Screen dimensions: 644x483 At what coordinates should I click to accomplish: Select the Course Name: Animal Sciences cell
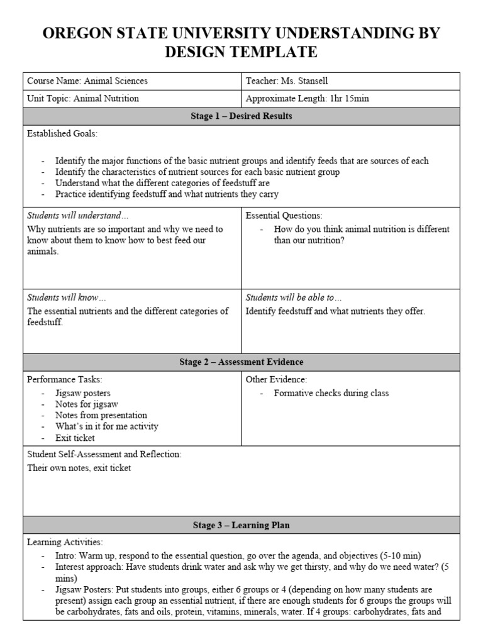pos(87,81)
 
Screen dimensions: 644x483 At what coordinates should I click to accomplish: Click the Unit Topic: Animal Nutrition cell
pos(83,99)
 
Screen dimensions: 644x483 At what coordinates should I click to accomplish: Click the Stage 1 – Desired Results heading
pos(241,116)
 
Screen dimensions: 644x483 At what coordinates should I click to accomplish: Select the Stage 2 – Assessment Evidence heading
pos(241,362)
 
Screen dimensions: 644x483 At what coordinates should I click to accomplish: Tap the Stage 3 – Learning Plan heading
pos(241,525)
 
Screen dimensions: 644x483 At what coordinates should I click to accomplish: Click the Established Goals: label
pos(62,134)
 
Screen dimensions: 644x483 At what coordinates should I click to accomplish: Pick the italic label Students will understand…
pos(77,215)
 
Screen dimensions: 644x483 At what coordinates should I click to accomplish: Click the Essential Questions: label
pos(284,215)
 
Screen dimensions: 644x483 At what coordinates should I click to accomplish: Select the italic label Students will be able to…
pos(294,297)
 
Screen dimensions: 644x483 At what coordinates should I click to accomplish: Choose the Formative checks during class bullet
pos(331,393)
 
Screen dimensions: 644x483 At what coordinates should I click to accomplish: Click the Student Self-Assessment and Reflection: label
pos(104,454)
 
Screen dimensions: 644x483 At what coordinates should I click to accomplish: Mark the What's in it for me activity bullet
pos(106,426)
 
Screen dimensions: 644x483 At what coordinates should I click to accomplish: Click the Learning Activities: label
pos(65,542)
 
